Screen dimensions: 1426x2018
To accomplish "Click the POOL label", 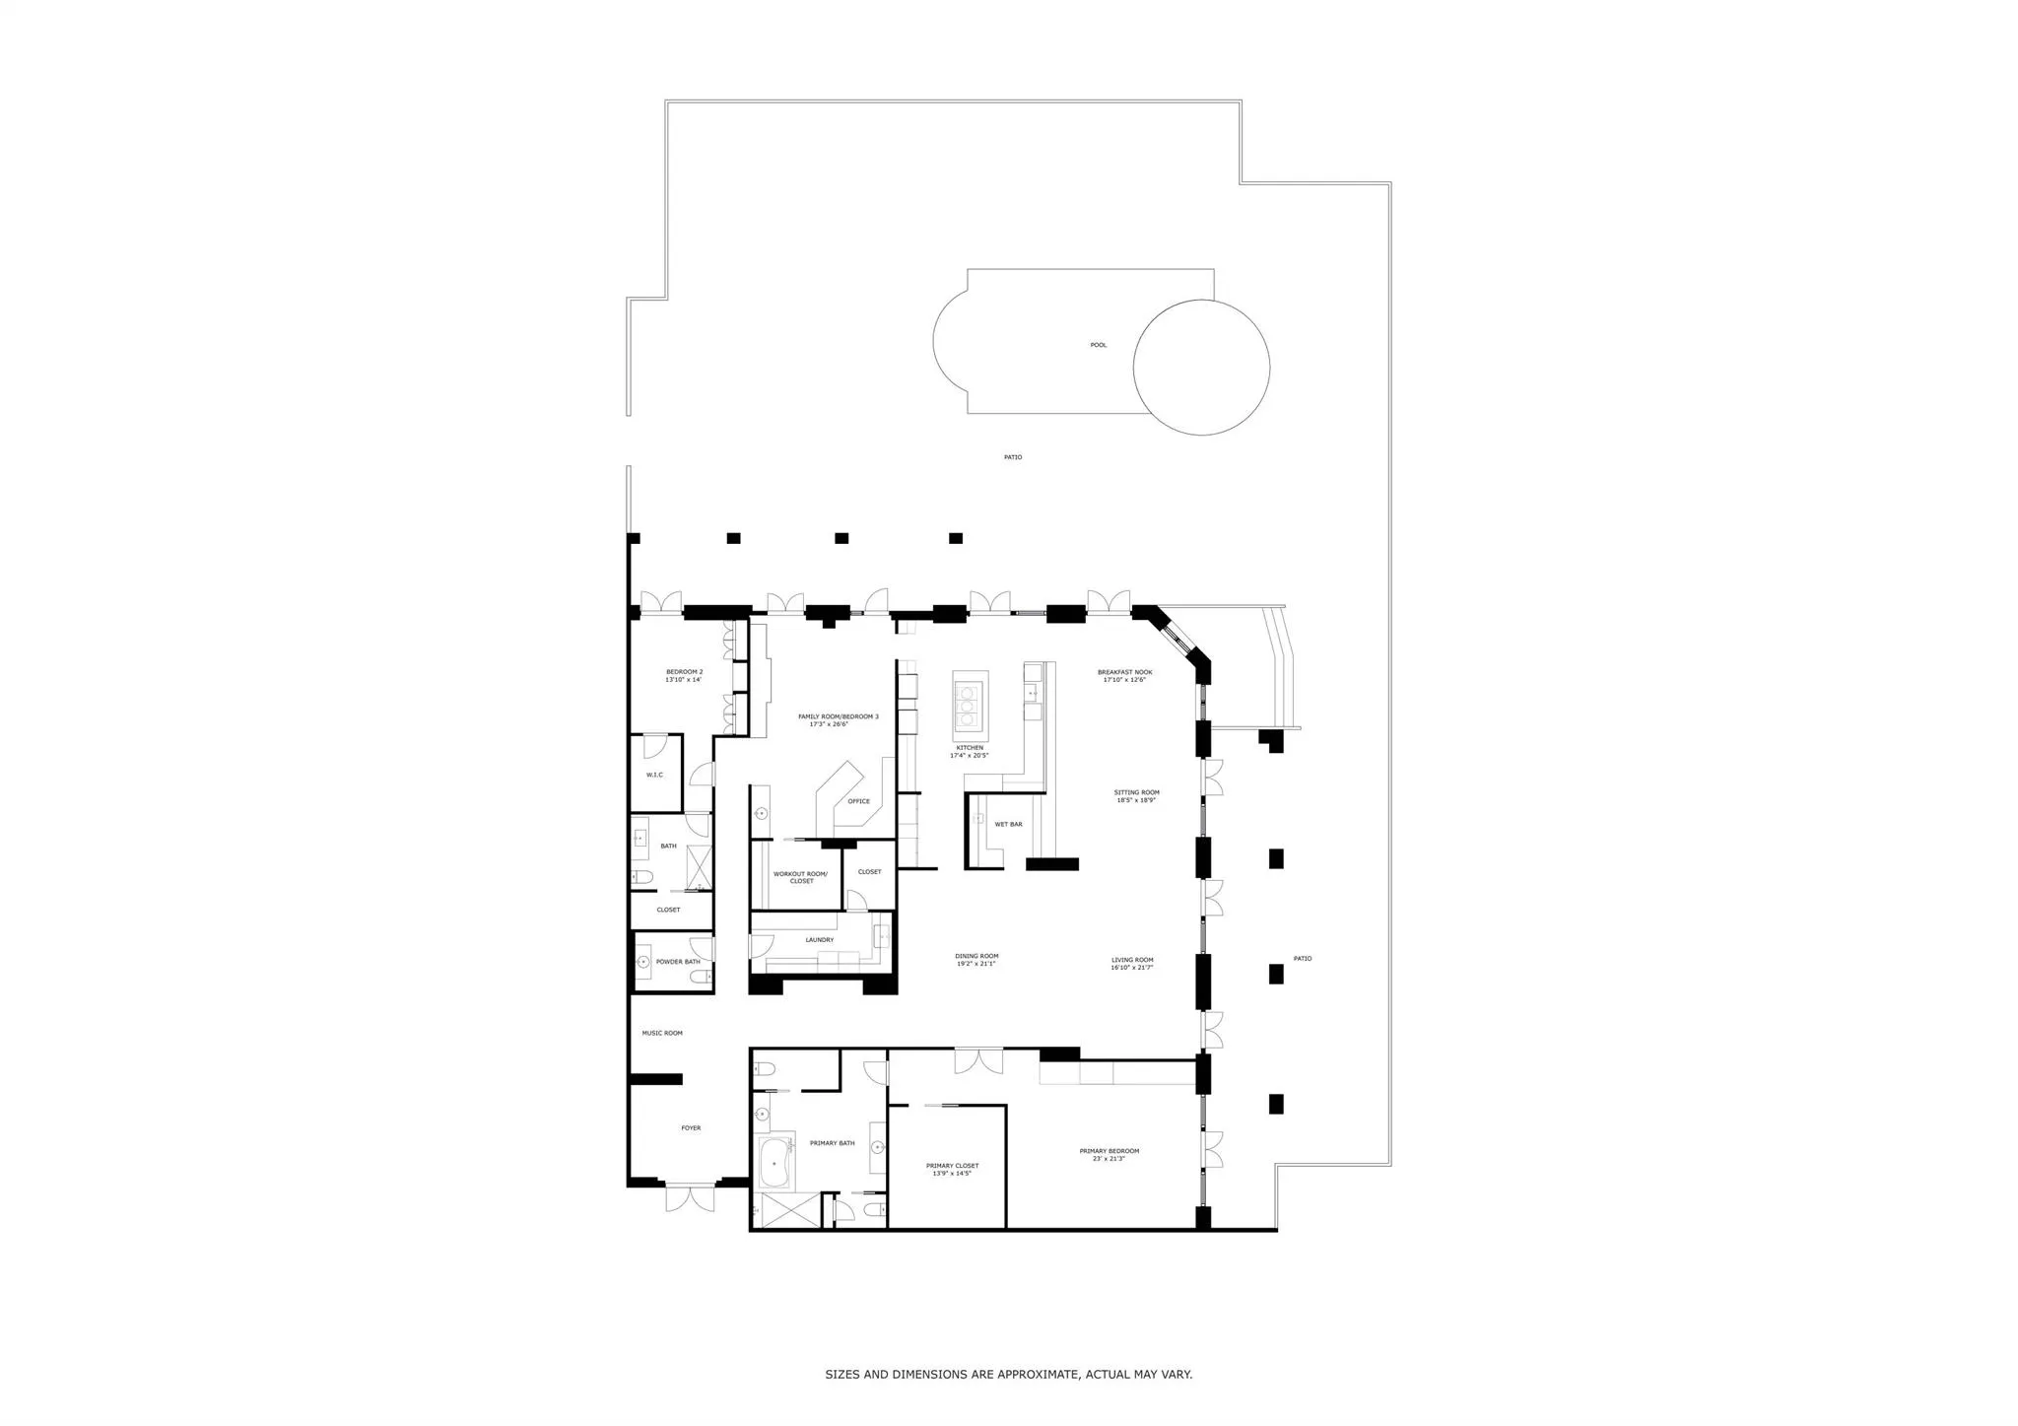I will [1098, 345].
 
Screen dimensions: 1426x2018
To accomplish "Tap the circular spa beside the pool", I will [1201, 367].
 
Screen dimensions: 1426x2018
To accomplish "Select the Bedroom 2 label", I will [684, 672].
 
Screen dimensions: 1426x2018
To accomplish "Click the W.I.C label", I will [654, 775].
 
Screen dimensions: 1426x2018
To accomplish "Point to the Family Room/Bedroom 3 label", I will [838, 716].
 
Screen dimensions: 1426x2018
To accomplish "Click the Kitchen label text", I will [969, 748].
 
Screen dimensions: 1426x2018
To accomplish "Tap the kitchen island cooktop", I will [970, 706].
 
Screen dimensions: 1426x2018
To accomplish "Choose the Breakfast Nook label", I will [1124, 672].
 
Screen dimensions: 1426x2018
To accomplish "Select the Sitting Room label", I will [1136, 792].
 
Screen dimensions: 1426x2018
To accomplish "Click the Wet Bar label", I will [1008, 824].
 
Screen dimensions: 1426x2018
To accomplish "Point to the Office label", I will [858, 801].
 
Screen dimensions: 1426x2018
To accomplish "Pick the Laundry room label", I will [819, 940].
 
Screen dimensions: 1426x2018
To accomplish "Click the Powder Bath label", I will [678, 962].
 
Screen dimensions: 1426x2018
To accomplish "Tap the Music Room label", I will [662, 1033].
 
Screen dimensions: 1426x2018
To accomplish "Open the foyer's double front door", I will [689, 1198].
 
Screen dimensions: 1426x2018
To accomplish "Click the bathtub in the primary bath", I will [774, 1164].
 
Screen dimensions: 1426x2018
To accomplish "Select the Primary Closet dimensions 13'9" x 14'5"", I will [952, 1174].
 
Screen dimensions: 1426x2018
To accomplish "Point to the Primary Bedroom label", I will [1109, 1151].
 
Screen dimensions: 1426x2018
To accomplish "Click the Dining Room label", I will [976, 956].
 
